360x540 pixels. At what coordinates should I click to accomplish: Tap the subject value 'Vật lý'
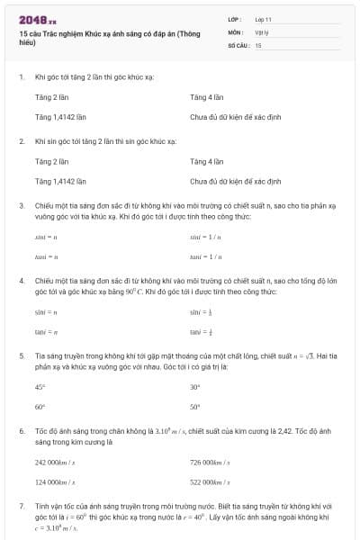click(263, 31)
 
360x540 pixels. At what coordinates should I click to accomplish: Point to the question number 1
click(22, 77)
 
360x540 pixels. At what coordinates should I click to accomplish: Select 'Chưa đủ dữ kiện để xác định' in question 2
click(236, 181)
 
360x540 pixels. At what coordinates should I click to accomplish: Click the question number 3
click(22, 205)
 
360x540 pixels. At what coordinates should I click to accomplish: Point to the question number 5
click(22, 355)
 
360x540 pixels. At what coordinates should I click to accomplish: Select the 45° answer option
click(40, 387)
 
